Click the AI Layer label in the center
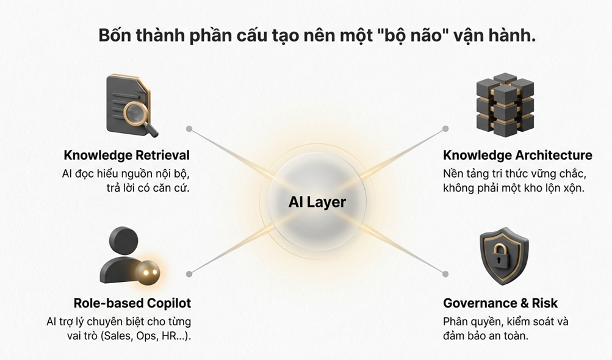pos(317,202)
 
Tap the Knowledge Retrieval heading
pos(126,155)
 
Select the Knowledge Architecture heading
pos(517,155)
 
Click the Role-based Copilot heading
pos(132,303)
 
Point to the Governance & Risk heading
pos(500,303)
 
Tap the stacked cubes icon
pos(505,104)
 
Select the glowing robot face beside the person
pos(148,273)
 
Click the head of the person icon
pos(124,241)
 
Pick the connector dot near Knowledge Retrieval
pos(189,129)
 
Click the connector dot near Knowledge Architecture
pos(445,129)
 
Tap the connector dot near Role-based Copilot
pos(189,274)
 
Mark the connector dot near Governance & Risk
pos(445,274)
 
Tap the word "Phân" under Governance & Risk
pos(455,322)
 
